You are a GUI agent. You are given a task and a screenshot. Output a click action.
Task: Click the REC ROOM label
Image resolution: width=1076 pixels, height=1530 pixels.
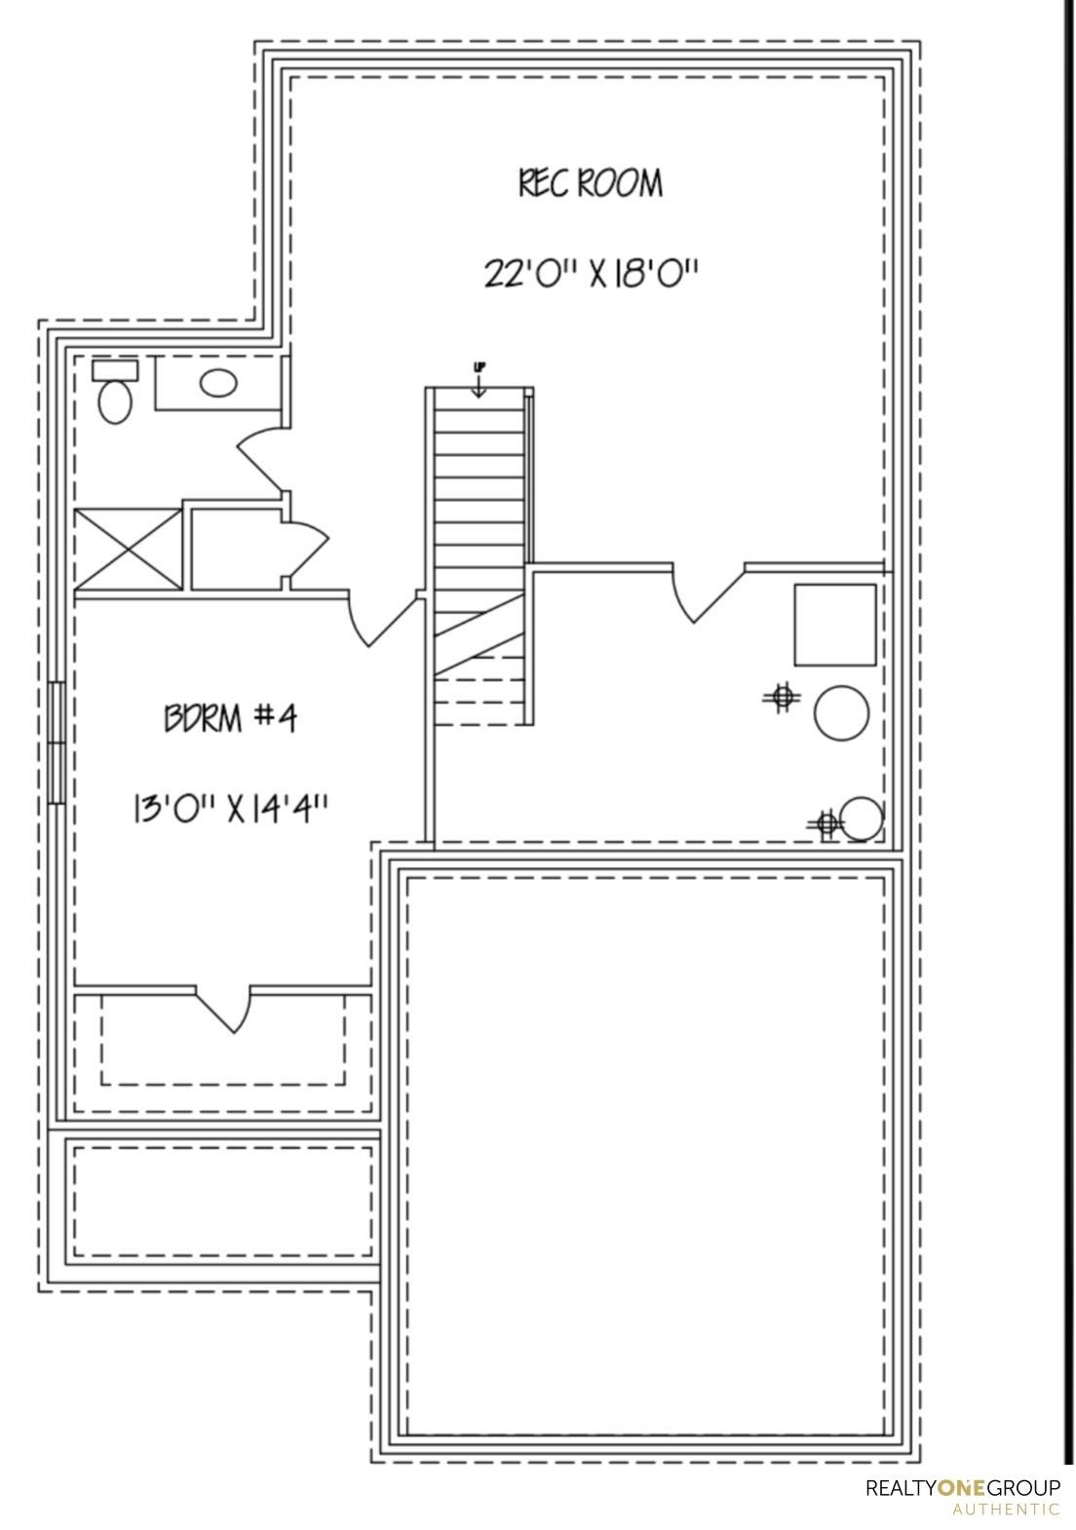click(591, 183)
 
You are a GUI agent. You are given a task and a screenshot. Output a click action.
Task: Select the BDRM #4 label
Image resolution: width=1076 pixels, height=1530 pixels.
click(230, 718)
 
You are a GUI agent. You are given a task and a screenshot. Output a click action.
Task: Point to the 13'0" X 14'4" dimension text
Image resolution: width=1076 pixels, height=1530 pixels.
click(230, 812)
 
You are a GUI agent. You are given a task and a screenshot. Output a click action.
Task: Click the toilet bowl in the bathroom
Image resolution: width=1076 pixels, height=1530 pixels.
click(115, 402)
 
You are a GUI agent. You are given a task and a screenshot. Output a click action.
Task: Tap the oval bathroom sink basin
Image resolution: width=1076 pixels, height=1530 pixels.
click(218, 383)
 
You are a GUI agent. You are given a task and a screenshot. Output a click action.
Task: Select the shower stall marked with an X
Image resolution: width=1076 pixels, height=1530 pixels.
click(129, 549)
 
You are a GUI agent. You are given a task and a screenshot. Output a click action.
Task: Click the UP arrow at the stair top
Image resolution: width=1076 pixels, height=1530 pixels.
click(479, 381)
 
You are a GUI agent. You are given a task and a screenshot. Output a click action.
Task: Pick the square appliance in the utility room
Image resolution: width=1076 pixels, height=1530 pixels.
click(834, 625)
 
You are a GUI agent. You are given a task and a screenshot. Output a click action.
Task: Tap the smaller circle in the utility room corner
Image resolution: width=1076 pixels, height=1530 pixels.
click(861, 819)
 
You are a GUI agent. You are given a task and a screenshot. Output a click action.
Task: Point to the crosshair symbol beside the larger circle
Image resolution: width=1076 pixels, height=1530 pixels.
click(783, 697)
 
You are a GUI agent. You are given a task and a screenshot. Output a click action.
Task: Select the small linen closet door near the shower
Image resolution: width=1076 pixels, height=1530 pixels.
click(306, 547)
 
